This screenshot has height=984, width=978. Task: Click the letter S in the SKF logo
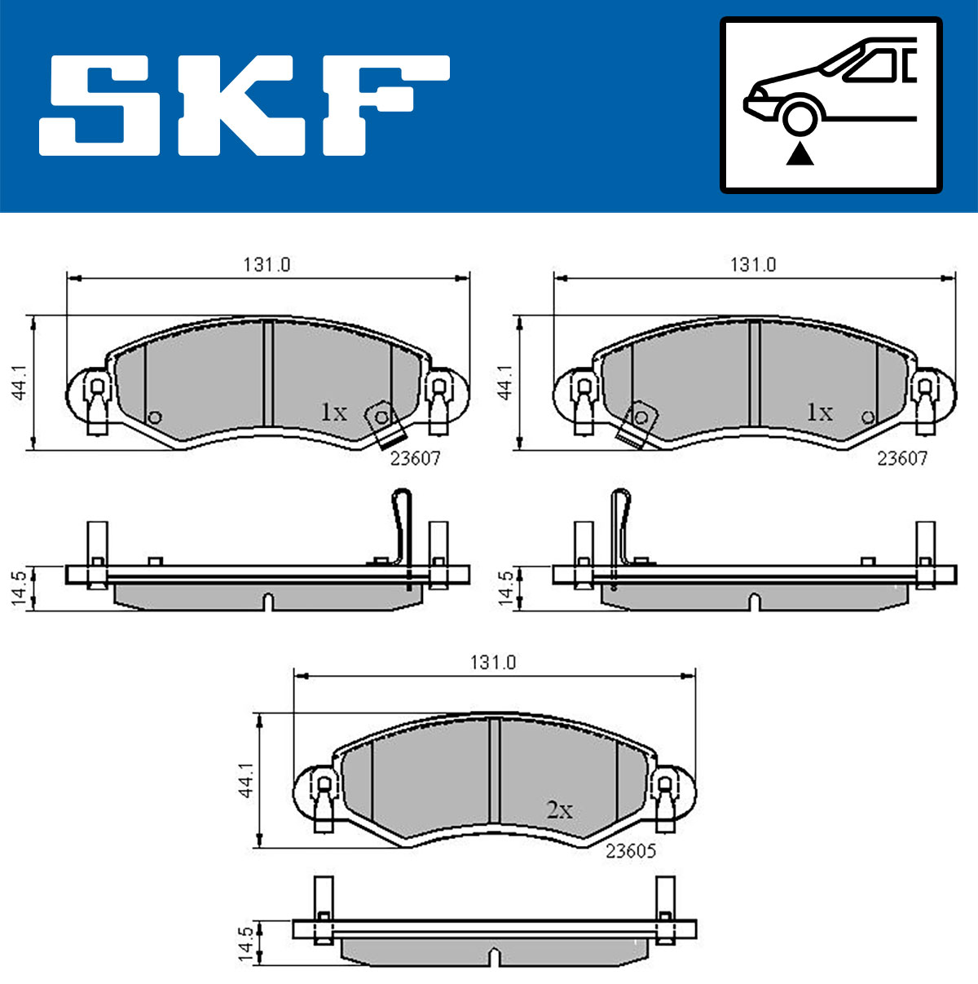(99, 105)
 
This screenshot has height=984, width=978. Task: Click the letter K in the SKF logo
(240, 105)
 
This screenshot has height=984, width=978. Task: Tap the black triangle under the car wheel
(800, 155)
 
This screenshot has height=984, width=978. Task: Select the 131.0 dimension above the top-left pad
(267, 265)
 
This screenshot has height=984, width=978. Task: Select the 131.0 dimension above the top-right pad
(753, 265)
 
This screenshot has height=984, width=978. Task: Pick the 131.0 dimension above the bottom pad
(493, 663)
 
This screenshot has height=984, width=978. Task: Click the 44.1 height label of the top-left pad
(20, 382)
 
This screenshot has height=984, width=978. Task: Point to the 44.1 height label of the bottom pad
(245, 779)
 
